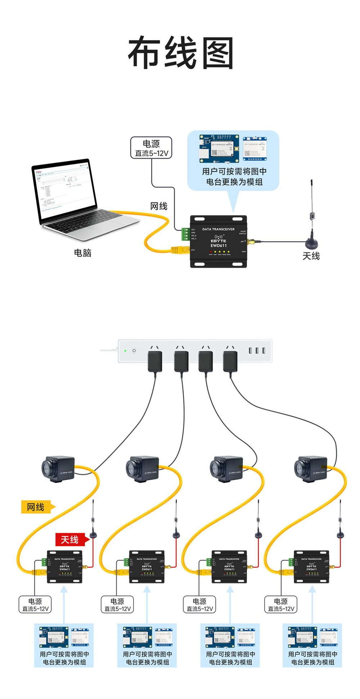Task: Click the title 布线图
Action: pyautogui.click(x=181, y=53)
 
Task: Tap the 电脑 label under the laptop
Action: pyautogui.click(x=82, y=253)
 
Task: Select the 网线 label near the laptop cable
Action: pyautogui.click(x=158, y=206)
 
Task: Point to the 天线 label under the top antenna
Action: pyautogui.click(x=311, y=256)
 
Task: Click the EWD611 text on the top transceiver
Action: pyautogui.click(x=218, y=246)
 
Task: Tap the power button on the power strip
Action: pyautogui.click(x=134, y=350)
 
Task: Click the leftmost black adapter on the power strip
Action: pyautogui.click(x=155, y=361)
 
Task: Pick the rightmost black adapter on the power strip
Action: pyautogui.click(x=230, y=361)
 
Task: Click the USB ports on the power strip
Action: pyautogui.click(x=257, y=350)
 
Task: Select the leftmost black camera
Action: pyautogui.click(x=58, y=469)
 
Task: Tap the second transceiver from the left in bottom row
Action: pyautogui.click(x=147, y=566)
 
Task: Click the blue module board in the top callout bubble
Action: pyautogui.click(x=219, y=149)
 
